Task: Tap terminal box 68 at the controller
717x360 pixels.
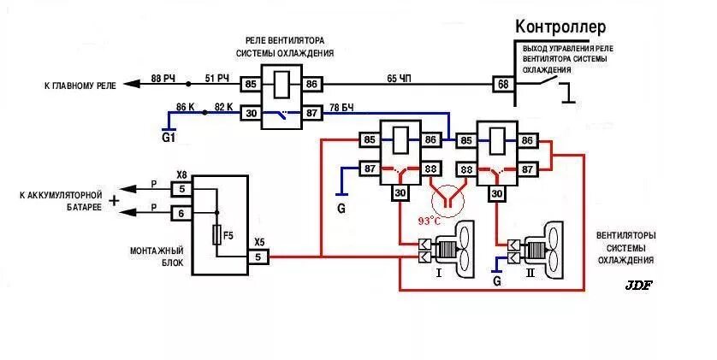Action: click(502, 84)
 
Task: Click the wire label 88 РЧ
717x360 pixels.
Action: click(163, 78)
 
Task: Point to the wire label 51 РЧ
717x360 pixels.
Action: click(217, 78)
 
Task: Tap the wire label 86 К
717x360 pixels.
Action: click(186, 106)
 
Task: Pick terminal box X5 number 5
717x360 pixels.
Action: click(259, 257)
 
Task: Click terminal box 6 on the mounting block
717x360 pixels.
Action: click(181, 213)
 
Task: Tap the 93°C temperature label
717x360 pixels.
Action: click(430, 221)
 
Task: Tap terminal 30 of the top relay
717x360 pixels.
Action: click(251, 112)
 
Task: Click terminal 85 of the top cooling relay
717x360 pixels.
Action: click(251, 84)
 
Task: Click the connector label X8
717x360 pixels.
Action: click(181, 174)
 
